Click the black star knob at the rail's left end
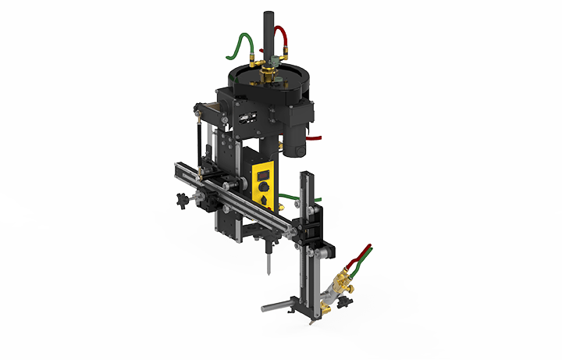[x=183, y=201]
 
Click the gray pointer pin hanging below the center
[x=268, y=262]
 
